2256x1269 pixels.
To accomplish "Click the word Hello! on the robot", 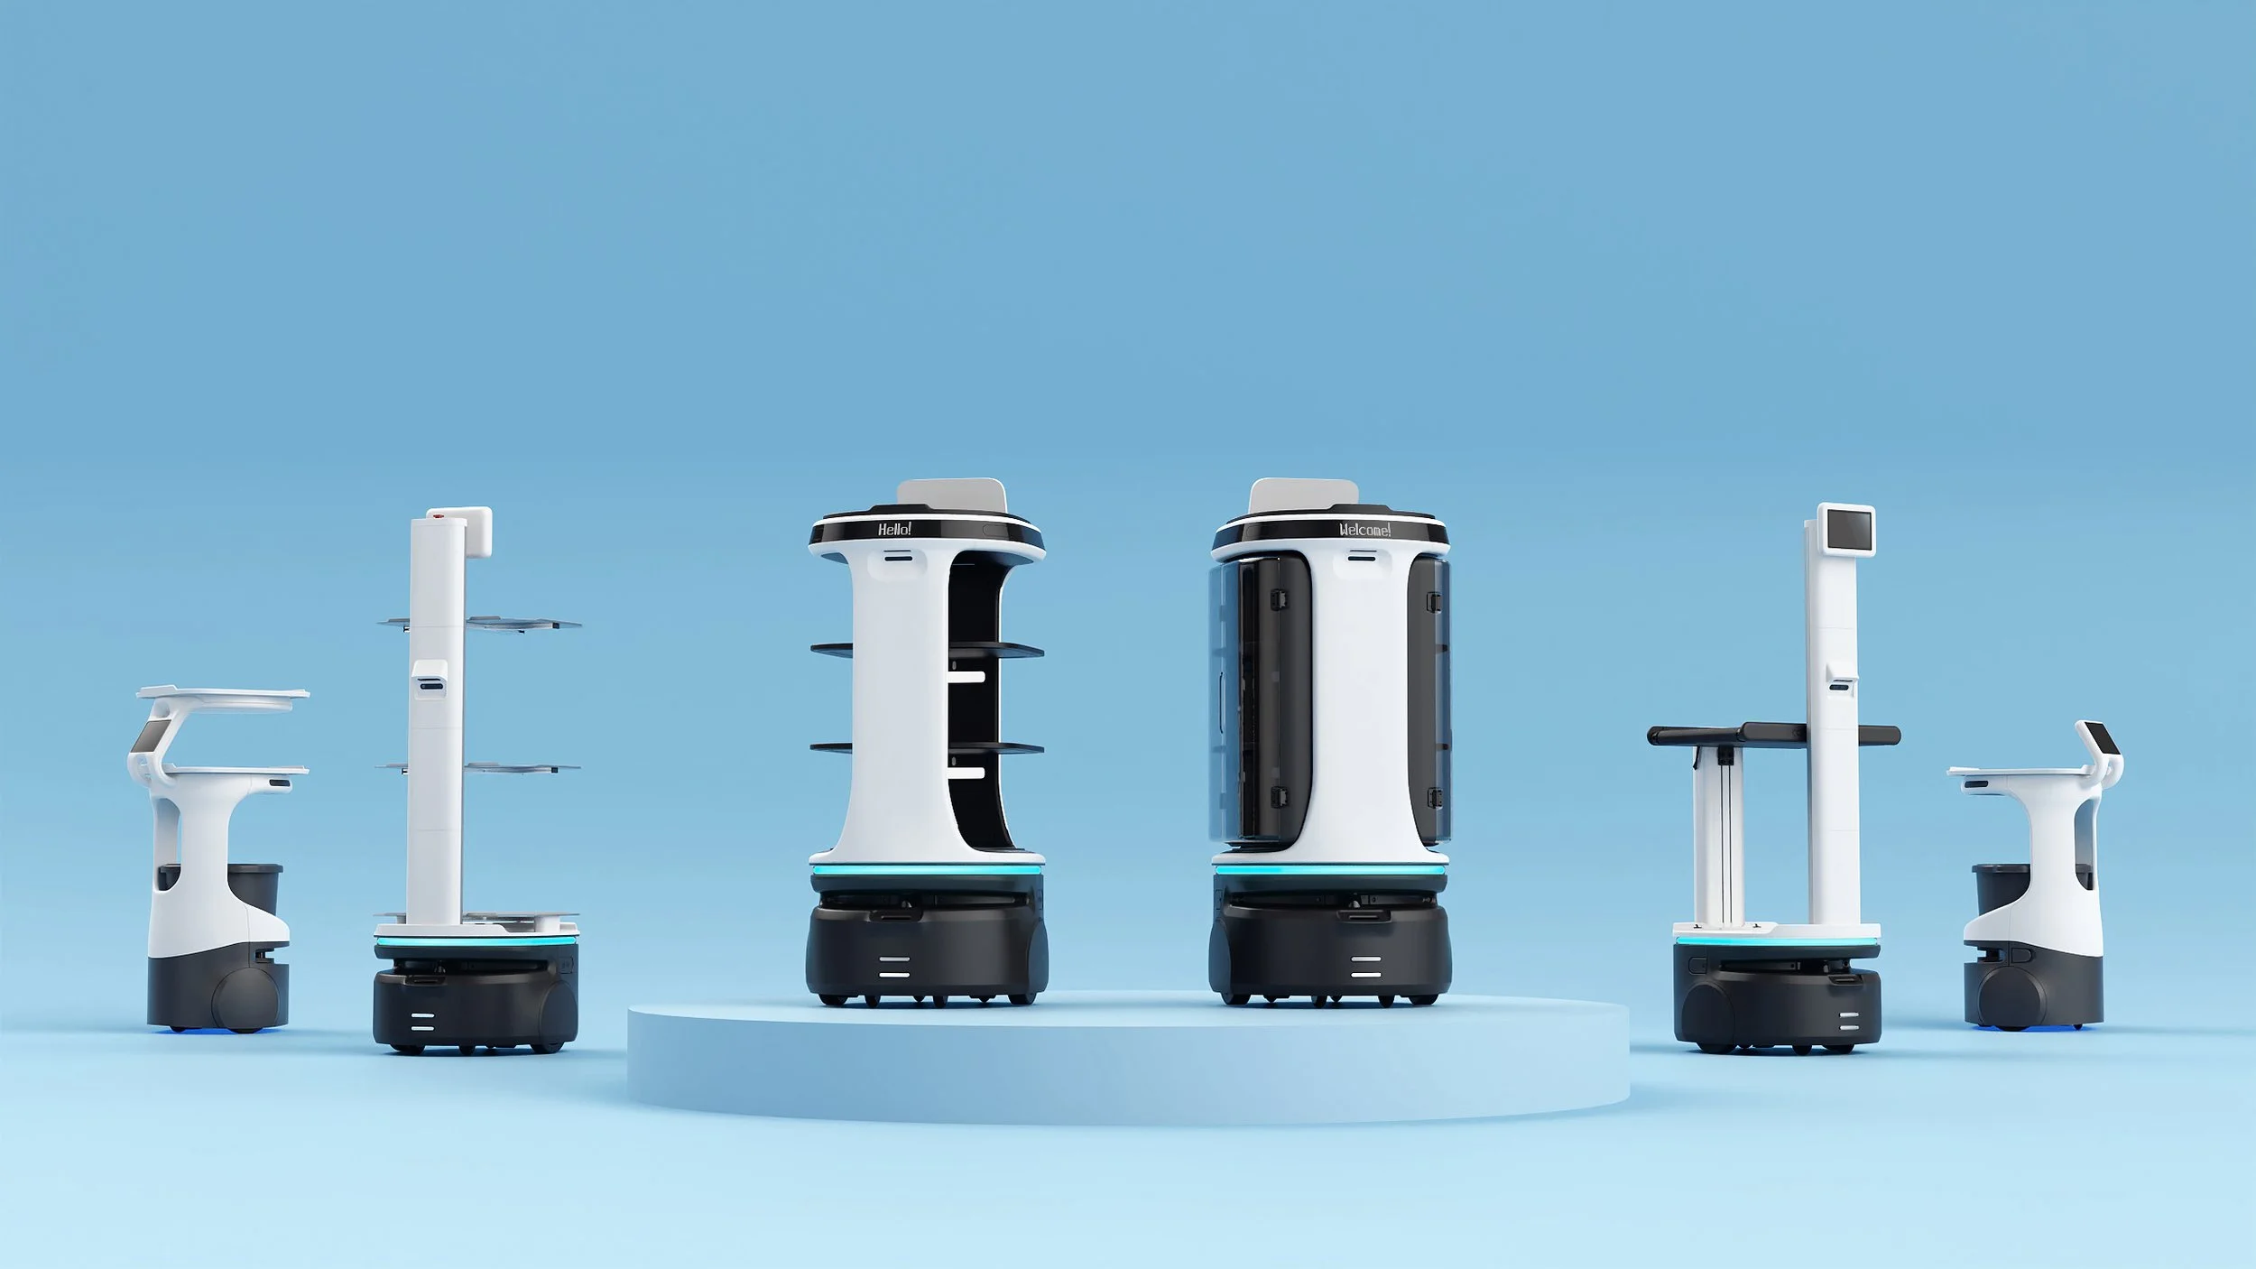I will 894,529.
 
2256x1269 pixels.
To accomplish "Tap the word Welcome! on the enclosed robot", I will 1364,530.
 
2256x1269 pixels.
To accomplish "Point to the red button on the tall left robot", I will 439,515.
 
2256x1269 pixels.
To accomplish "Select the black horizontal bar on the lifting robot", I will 1773,734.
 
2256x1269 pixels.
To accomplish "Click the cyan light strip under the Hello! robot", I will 926,870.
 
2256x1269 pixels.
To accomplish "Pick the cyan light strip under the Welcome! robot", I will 1330,870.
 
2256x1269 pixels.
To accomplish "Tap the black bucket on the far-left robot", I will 262,888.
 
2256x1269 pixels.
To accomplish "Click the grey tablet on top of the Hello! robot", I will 951,495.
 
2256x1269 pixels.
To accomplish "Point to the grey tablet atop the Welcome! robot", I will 1304,495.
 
